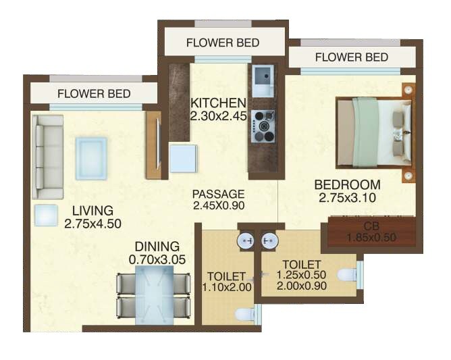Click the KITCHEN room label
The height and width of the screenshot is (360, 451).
(x=217, y=103)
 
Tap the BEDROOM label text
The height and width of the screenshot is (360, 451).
(x=347, y=184)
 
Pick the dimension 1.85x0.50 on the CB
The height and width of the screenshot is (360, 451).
(x=371, y=237)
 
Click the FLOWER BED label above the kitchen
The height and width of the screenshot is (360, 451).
(x=222, y=43)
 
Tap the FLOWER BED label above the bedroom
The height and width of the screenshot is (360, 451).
(x=351, y=57)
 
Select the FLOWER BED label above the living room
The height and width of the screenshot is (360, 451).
(x=94, y=93)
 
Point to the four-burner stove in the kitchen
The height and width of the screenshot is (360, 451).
(x=263, y=126)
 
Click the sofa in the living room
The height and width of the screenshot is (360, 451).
(x=49, y=152)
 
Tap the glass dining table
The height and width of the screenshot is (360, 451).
(x=153, y=291)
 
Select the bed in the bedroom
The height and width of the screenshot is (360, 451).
(x=374, y=132)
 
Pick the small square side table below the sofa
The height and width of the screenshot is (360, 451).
(x=46, y=215)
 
